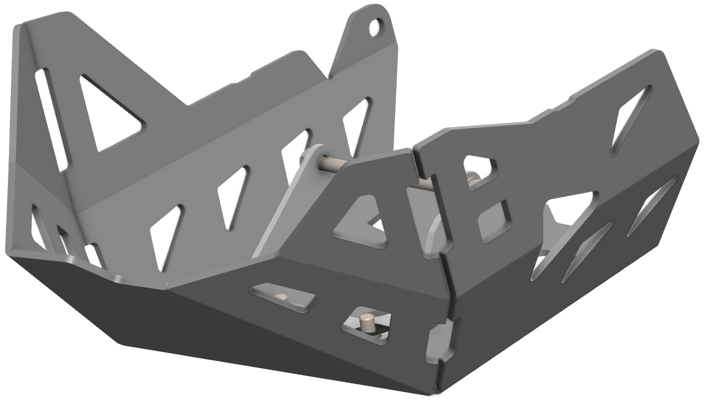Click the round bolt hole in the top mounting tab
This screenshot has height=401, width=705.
tap(376, 26)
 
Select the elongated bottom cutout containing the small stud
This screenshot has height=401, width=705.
tap(282, 297)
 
